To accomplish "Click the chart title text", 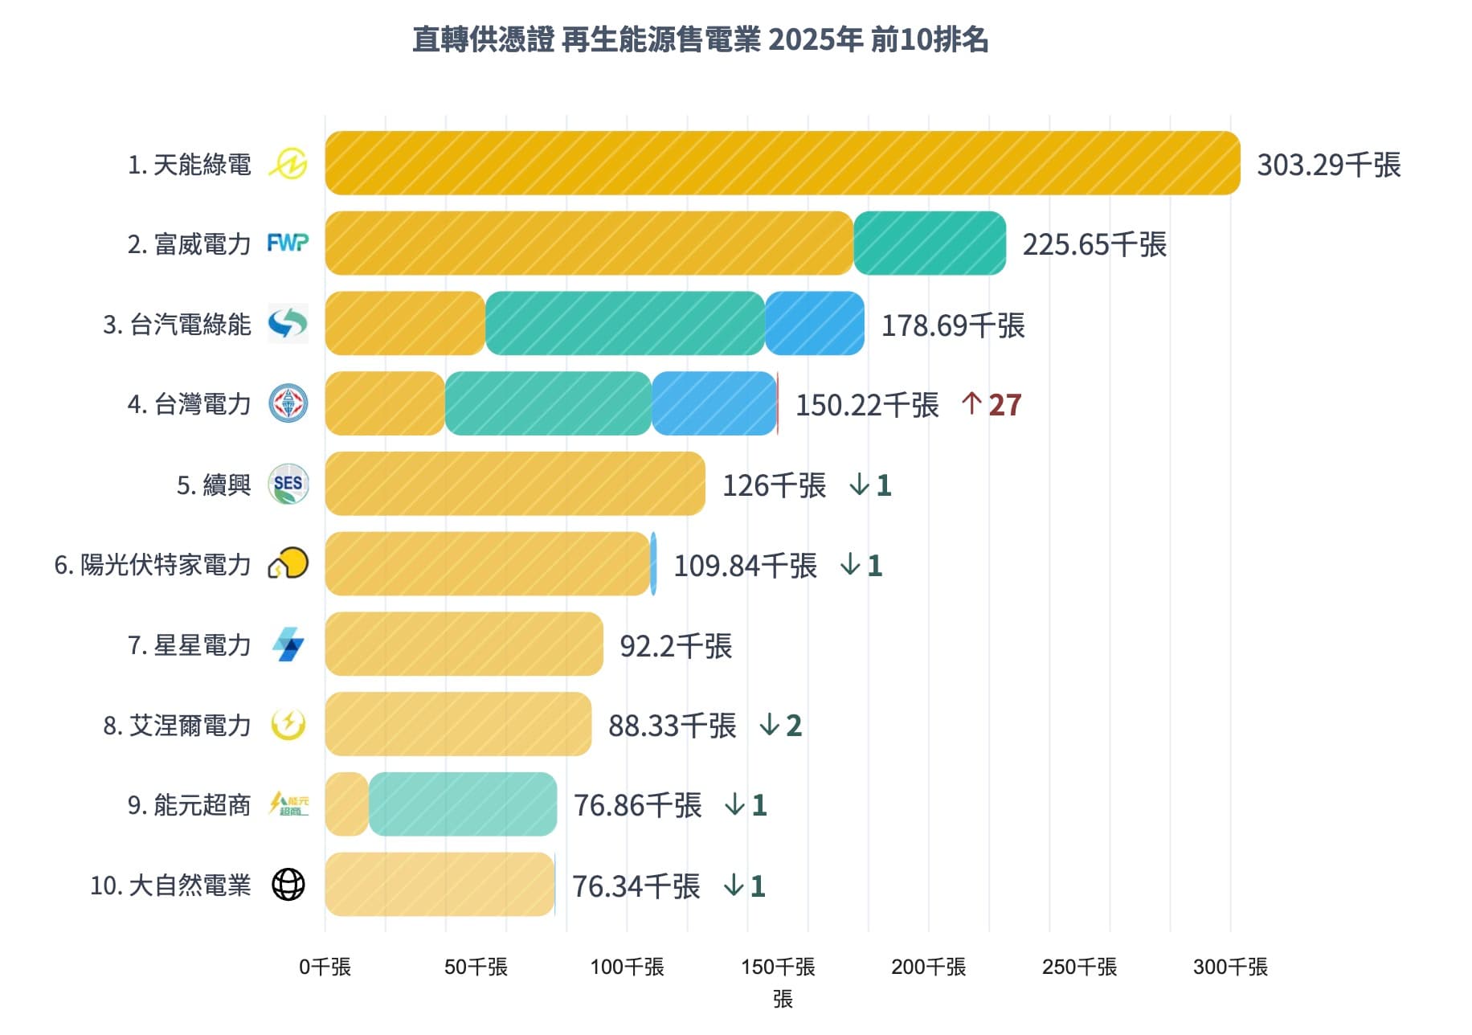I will (x=700, y=39).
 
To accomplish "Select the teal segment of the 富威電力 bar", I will (x=929, y=243).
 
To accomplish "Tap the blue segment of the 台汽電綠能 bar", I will (x=814, y=323).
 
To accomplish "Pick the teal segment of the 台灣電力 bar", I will (x=548, y=403).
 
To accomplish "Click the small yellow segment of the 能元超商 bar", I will (x=347, y=804).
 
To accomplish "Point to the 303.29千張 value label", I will (x=1328, y=165).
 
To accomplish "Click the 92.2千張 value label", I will (x=676, y=645).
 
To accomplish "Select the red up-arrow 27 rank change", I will (x=991, y=405).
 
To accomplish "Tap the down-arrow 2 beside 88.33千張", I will (x=780, y=726).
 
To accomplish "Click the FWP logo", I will (x=288, y=243).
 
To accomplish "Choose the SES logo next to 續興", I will (x=288, y=484).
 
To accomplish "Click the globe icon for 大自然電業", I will (x=288, y=885).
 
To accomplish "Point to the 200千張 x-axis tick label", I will (x=928, y=967).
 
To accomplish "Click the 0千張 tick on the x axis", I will (x=325, y=967).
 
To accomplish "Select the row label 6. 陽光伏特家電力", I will (x=153, y=565).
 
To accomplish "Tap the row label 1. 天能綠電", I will (x=189, y=165).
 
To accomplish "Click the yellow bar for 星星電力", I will (x=464, y=644).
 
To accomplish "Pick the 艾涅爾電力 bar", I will (x=458, y=724).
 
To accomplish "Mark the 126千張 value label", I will (x=774, y=485).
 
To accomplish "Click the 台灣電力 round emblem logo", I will (x=288, y=403).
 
